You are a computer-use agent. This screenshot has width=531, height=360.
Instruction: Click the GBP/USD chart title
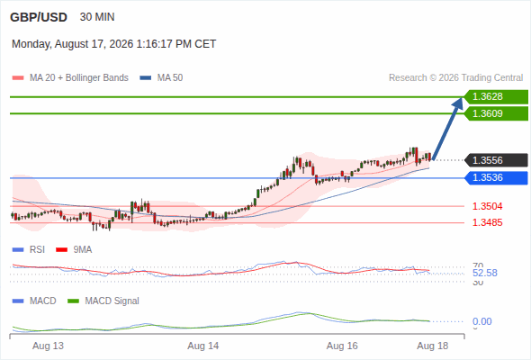pyautogui.click(x=39, y=17)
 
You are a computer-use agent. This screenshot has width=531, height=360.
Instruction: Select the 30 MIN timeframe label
pyautogui.click(x=97, y=17)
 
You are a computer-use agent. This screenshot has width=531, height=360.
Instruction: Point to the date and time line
pyautogui.click(x=113, y=44)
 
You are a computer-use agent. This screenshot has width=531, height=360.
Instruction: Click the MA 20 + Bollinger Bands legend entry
pyautogui.click(x=70, y=78)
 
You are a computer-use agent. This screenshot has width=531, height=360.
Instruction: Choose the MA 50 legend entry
pyautogui.click(x=161, y=78)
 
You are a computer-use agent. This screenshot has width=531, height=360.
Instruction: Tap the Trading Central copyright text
pyautogui.click(x=455, y=78)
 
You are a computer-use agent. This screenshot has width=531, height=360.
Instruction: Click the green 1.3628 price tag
pyautogui.click(x=496, y=97)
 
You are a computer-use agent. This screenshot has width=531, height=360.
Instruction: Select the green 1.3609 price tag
pyautogui.click(x=496, y=113)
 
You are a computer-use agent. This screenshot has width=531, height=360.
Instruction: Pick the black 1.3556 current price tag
pyautogui.click(x=496, y=160)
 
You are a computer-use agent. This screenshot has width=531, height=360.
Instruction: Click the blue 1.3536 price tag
pyautogui.click(x=496, y=178)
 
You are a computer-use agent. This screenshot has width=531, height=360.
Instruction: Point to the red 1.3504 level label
pyautogui.click(x=487, y=206)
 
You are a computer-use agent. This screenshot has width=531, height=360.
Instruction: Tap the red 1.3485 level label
pyautogui.click(x=487, y=222)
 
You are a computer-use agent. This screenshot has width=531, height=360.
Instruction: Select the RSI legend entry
pyautogui.click(x=29, y=249)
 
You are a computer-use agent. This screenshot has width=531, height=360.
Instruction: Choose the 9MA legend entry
pyautogui.click(x=74, y=249)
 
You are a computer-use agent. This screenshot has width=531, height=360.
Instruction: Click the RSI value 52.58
pyautogui.click(x=485, y=273)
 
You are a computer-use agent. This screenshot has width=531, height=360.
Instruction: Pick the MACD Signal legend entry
pyautogui.click(x=103, y=301)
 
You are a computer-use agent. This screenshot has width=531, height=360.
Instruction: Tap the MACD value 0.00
pyautogui.click(x=481, y=321)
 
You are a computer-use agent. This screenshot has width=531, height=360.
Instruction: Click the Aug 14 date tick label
pyautogui.click(x=203, y=346)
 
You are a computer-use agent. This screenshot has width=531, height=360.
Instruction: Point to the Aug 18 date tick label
pyautogui.click(x=433, y=346)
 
